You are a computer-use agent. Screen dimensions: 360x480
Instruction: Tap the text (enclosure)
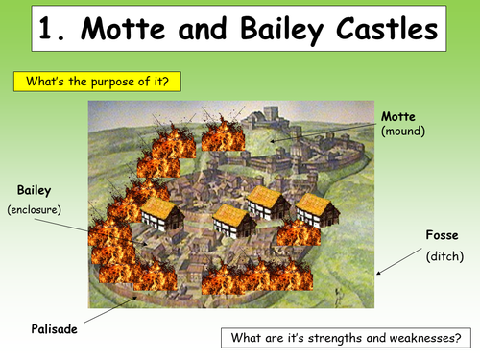click(35, 208)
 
